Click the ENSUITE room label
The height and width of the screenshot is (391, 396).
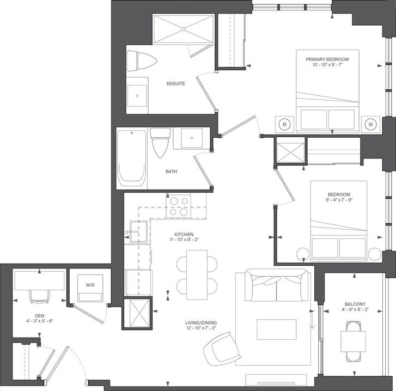176,83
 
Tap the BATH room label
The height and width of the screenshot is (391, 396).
171,172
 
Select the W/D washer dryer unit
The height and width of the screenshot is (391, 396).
90,288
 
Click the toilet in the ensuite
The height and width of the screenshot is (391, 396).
142,61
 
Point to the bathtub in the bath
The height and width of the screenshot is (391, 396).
132,158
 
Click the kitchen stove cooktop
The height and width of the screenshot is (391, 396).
179,206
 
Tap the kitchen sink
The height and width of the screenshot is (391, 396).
139,231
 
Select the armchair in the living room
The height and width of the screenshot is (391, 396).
222,349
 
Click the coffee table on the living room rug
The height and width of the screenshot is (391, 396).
277,329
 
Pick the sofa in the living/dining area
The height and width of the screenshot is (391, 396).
277,285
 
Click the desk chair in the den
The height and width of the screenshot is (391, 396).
40,296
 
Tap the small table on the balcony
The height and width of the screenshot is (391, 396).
354,341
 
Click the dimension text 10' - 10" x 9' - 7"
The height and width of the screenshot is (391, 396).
327,65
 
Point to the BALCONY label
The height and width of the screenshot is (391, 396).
355,304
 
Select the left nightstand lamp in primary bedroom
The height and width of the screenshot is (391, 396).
284,124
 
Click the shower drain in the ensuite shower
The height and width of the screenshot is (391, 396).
184,29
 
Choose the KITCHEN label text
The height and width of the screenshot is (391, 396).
184,234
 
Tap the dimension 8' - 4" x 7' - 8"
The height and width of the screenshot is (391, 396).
339,200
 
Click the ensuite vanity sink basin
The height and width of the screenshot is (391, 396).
137,96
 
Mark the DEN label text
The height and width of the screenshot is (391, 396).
40,316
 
